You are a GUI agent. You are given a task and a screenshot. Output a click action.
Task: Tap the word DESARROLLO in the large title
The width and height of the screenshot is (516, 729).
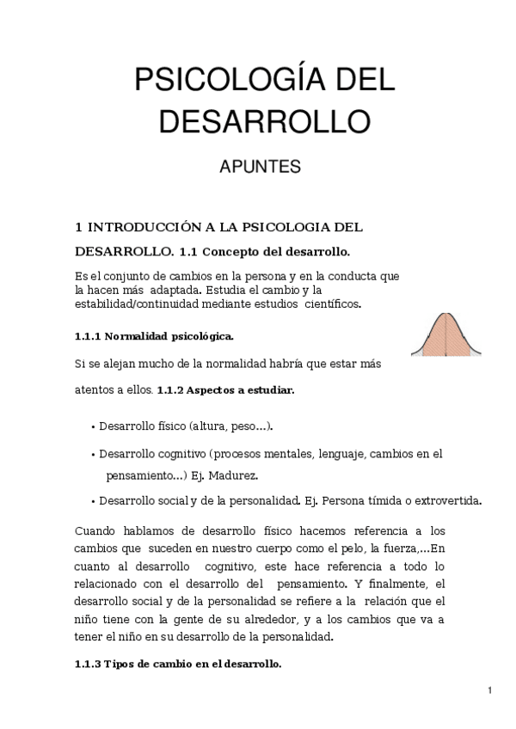click(x=264, y=121)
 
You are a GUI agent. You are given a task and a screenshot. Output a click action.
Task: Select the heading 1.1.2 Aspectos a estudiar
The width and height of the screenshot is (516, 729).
click(x=225, y=389)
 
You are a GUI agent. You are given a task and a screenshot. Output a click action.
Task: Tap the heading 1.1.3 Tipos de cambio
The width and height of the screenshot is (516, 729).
click(x=178, y=665)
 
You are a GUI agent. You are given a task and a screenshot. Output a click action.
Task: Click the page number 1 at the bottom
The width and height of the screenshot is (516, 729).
click(x=488, y=689)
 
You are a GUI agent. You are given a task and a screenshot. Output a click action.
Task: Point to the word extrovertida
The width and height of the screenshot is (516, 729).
click(x=445, y=500)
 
